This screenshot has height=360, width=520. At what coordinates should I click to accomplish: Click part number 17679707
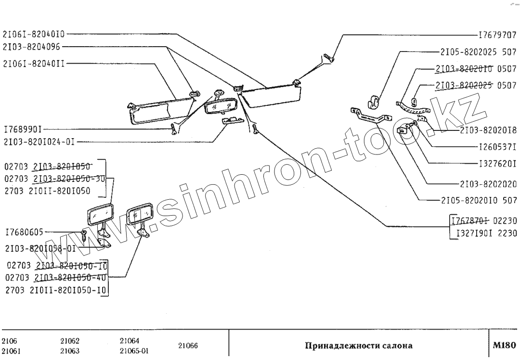(497, 36)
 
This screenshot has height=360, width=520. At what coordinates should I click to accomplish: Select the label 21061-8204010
(33, 34)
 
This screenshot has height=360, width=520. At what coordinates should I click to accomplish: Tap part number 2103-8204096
(32, 47)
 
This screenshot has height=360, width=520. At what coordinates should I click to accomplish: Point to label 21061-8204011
(33, 63)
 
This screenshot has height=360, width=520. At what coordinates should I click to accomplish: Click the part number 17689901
(22, 129)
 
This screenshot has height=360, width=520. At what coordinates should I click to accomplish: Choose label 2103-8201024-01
(39, 142)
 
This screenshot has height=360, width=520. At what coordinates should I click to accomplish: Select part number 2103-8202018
(488, 130)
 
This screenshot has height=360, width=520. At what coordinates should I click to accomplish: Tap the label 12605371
(497, 146)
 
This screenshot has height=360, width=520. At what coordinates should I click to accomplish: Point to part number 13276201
(497, 164)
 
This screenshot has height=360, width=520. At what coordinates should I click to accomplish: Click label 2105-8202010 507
(478, 200)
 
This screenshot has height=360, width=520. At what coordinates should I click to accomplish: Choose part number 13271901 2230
(482, 234)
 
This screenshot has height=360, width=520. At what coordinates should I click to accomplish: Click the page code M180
(504, 345)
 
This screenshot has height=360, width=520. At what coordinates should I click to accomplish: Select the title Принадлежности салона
(358, 346)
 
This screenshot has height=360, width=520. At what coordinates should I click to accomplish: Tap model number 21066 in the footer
(188, 346)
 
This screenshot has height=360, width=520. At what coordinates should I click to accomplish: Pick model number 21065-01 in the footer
(134, 351)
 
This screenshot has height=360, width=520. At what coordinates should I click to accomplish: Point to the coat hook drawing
(374, 100)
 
